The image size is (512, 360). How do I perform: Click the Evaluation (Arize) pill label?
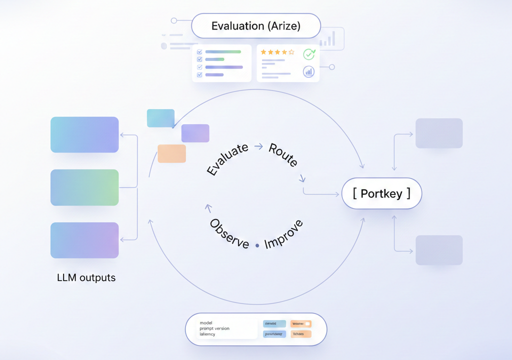255,26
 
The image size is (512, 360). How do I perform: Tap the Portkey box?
381,193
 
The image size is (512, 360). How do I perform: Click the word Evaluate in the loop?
228,159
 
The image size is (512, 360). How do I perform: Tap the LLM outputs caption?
86,277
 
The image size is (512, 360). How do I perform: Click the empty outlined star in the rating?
291,52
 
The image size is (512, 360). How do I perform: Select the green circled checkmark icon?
309,54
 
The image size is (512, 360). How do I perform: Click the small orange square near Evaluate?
171,153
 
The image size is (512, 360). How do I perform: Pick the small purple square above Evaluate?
195,133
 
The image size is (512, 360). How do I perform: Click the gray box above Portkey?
439,133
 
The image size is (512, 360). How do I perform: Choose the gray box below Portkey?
439,250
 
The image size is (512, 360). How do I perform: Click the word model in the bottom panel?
206,322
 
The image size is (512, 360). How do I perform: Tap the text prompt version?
214,328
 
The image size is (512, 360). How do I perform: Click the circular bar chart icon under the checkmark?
309,71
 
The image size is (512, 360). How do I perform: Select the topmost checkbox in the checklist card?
199,51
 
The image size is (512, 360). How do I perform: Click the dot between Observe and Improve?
257,245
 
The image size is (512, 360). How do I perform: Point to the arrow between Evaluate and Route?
258,146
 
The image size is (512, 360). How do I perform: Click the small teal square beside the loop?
160,118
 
